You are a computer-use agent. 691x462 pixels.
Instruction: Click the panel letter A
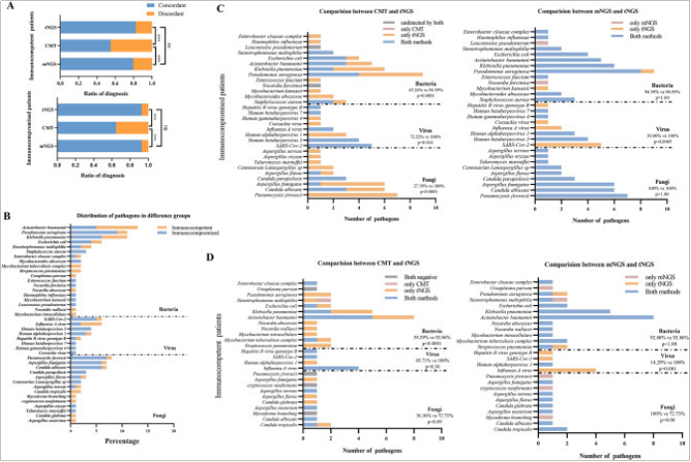pos(8,9)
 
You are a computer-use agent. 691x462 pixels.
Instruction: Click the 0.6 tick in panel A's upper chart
pos(120,77)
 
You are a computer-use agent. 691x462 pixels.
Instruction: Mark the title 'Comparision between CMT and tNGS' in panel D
pos(352,263)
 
